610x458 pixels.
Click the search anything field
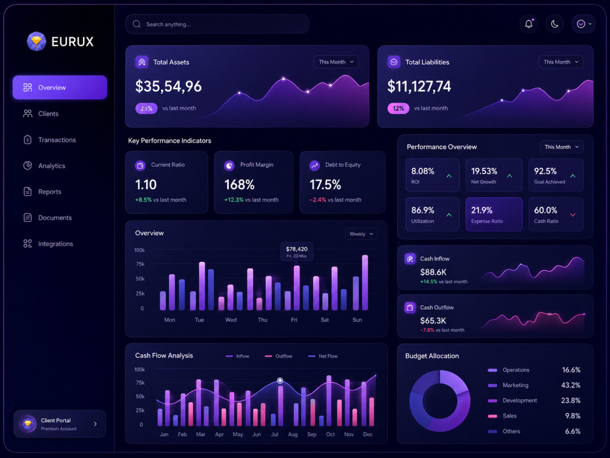pos(217,24)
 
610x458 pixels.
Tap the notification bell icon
pos(529,24)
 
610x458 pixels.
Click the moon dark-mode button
pos(554,24)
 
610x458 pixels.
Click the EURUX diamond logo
pos(37,42)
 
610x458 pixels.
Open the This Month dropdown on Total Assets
pos(336,62)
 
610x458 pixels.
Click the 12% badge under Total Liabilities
pos(398,108)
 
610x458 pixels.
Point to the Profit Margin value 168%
pos(239,184)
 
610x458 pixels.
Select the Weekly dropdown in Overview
pos(361,234)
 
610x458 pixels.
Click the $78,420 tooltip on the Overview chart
pos(297,252)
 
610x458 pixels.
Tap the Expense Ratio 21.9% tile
pos(493,214)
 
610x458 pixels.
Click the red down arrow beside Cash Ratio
pos(573,214)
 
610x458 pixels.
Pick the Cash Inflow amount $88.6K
pos(433,272)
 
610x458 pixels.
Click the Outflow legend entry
pos(279,356)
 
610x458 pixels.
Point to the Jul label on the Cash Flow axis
pos(274,434)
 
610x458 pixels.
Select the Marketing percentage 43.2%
pos(571,385)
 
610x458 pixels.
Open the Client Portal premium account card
pos(60,424)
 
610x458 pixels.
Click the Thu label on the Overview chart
pos(262,320)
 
